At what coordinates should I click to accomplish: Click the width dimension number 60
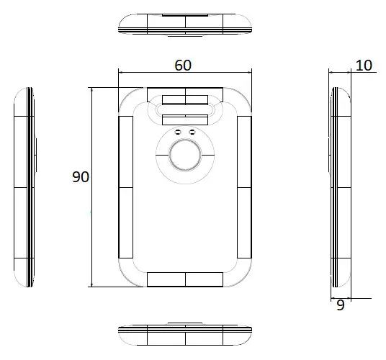click(183, 65)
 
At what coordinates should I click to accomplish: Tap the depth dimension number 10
click(364, 66)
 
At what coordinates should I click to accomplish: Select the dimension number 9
click(341, 305)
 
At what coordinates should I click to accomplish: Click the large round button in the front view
click(184, 155)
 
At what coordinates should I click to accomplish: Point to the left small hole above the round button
click(177, 132)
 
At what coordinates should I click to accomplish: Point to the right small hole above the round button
click(192, 132)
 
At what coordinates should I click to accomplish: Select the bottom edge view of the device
click(185, 334)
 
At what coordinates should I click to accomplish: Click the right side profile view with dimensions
click(340, 186)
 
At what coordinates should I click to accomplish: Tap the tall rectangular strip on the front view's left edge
click(125, 187)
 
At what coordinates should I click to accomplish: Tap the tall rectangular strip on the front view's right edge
click(244, 187)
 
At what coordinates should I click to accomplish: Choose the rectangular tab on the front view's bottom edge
click(185, 279)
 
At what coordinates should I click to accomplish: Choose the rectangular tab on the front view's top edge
click(185, 94)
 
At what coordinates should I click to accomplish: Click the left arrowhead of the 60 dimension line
click(121, 72)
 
